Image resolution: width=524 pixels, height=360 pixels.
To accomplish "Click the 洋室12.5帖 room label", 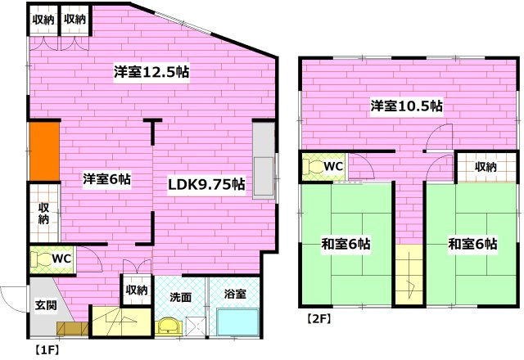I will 152,72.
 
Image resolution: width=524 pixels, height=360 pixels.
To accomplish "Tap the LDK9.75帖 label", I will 206,183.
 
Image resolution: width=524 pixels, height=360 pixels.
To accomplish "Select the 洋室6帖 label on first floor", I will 106,178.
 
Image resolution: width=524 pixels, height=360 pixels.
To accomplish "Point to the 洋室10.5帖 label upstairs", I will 406,106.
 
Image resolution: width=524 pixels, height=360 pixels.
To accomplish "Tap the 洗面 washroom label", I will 180,298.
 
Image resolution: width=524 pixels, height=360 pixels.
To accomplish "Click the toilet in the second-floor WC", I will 312,166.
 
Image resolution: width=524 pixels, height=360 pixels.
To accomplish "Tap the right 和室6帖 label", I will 472,244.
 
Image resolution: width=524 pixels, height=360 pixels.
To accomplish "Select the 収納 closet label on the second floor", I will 485,167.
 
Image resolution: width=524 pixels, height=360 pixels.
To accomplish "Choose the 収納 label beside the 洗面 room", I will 136,290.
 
